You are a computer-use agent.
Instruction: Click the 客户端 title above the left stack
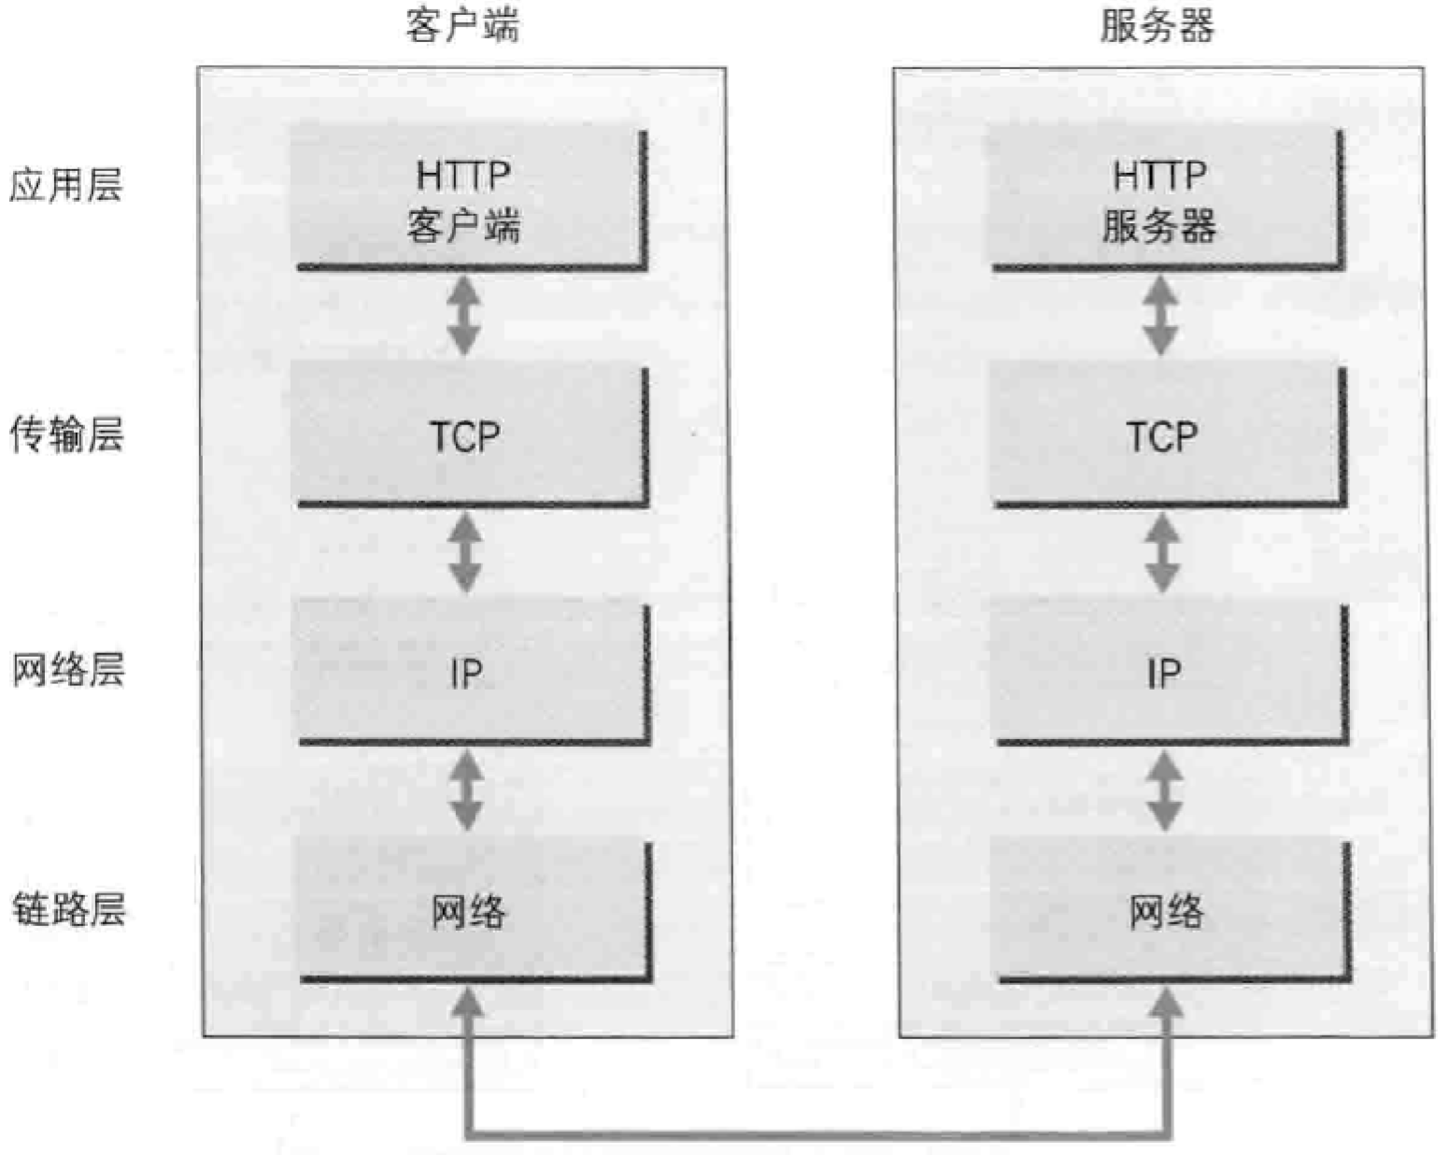pyautogui.click(x=462, y=25)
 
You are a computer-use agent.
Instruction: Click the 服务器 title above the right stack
pyautogui.click(x=1157, y=25)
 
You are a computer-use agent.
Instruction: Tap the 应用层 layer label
pyautogui.click(x=65, y=185)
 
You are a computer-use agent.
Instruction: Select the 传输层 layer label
pyautogui.click(x=66, y=435)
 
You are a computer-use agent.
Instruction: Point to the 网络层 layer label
pyautogui.click(x=67, y=670)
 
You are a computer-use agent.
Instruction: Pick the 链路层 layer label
pyautogui.click(x=68, y=908)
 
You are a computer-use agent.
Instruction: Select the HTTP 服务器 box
pyautogui.click(x=1164, y=198)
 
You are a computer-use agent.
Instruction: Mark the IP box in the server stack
pyautogui.click(x=1169, y=673)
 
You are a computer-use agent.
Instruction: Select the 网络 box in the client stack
pyautogui.click(x=473, y=910)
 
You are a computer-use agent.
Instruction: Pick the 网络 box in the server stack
pyautogui.click(x=1171, y=910)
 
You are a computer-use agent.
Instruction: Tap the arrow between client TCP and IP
pyautogui.click(x=465, y=553)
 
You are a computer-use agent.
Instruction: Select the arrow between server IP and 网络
pyautogui.click(x=1164, y=791)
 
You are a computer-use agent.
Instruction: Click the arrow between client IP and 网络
pyautogui.click(x=467, y=791)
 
